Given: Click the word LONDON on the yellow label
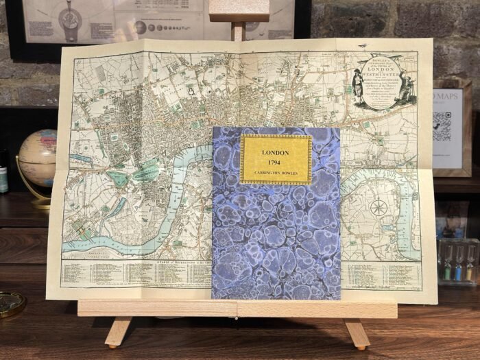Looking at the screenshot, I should (x=276, y=152).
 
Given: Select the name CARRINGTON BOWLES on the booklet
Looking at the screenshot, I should (x=276, y=174).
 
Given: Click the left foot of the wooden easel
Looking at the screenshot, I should (x=118, y=332).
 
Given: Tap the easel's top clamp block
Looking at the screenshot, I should (x=239, y=10).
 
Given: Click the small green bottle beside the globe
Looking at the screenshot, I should (x=3, y=180).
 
